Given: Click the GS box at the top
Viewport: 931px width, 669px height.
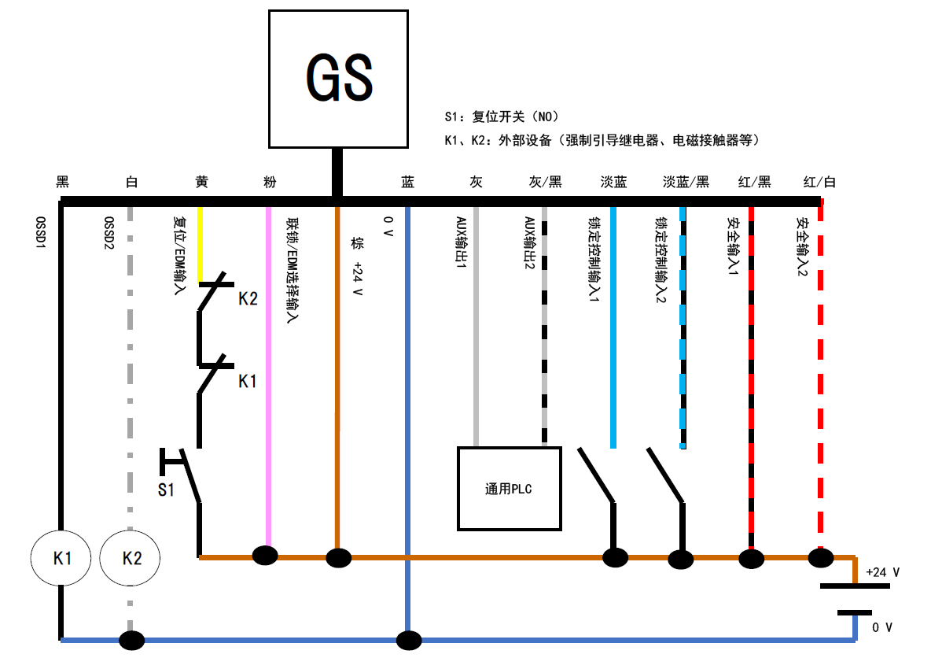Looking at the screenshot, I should (x=338, y=79).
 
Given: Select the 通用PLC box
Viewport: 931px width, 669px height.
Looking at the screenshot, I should (x=510, y=489).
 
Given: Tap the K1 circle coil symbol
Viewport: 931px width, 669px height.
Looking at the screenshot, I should (x=62, y=558).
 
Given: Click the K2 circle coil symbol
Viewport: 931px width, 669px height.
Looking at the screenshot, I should (x=131, y=558).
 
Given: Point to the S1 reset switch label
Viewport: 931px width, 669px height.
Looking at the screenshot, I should (x=166, y=490).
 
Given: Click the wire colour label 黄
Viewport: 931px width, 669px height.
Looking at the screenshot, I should (x=201, y=182).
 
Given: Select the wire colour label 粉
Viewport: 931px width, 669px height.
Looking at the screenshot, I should (x=270, y=182).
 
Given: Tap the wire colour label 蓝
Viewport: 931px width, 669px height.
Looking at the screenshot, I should (x=407, y=182).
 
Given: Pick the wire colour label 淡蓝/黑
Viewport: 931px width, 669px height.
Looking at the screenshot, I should (x=686, y=182).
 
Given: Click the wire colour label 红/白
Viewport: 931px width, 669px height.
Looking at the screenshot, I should (x=819, y=182).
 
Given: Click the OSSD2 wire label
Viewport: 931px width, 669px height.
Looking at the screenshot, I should (x=109, y=233).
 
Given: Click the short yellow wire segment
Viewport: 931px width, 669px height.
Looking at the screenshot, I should (x=201, y=244).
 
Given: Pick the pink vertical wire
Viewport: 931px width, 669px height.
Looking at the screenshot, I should (x=269, y=378).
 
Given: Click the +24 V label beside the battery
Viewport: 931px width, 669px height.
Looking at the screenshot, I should (x=882, y=572).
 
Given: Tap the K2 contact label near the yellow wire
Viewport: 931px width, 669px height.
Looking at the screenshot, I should (x=248, y=299).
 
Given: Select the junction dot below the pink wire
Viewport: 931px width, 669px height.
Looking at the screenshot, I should (x=265, y=556).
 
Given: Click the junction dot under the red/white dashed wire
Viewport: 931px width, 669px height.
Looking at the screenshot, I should (x=821, y=558).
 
